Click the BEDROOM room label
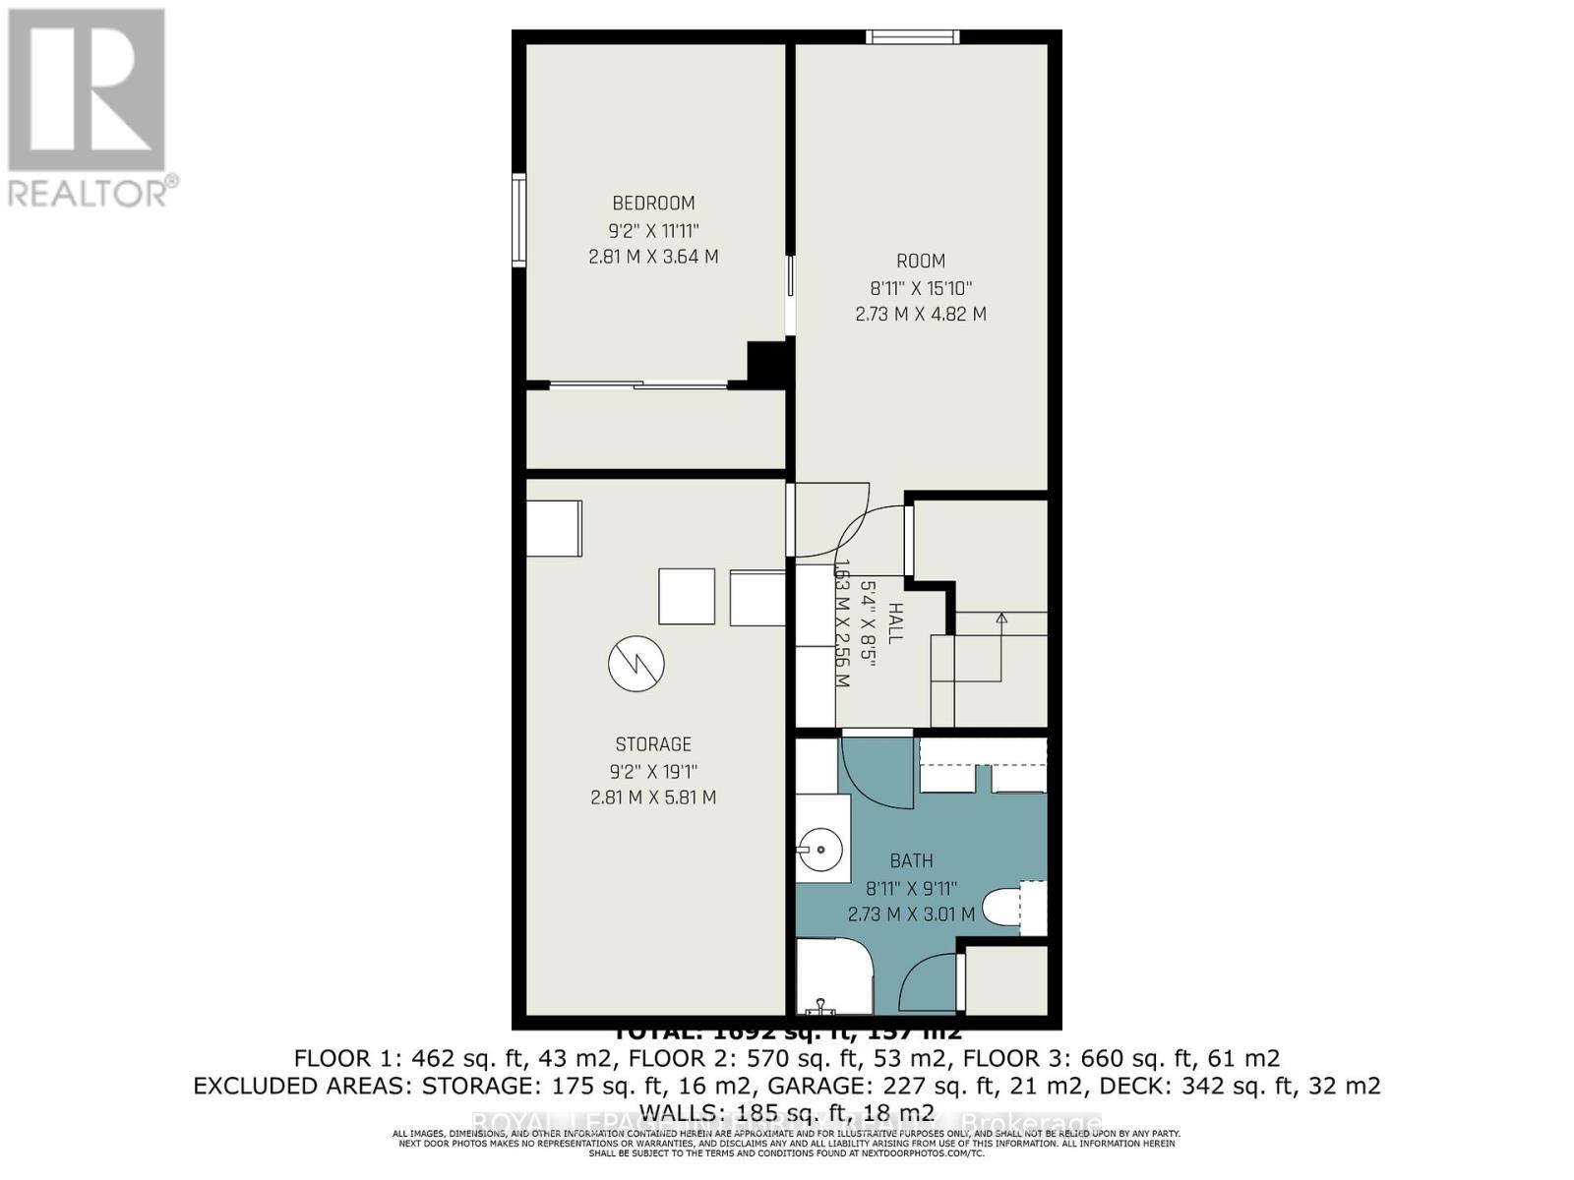point(653,204)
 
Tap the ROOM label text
point(921,261)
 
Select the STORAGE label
point(653,744)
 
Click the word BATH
point(911,861)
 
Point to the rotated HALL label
point(894,623)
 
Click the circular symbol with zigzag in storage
point(636,664)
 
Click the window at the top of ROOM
point(912,37)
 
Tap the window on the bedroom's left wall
point(518,218)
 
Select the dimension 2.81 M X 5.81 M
point(653,797)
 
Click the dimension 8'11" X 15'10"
point(921,288)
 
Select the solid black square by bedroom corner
point(768,363)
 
